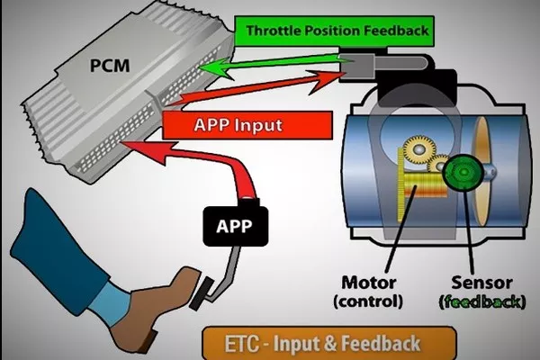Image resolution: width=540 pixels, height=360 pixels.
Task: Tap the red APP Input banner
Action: [225, 124]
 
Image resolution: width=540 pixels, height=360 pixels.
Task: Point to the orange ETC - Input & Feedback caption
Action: [310, 342]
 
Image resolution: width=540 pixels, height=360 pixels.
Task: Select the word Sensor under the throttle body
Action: [481, 281]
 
